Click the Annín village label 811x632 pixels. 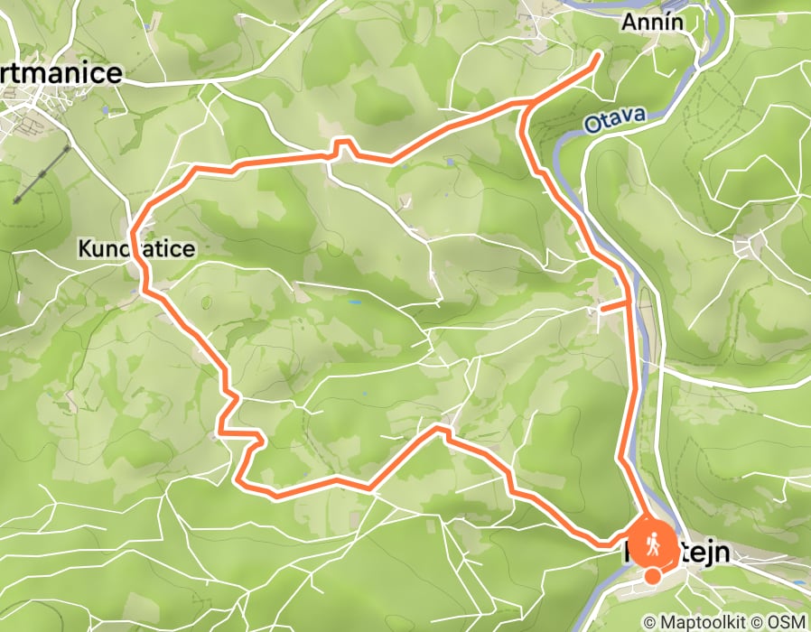(657, 22)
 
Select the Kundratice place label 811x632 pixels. (135, 248)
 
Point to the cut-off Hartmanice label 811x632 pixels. (61, 74)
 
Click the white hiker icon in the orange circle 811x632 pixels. (652, 544)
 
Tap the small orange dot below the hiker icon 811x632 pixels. (652, 576)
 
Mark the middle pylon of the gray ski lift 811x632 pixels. (42, 172)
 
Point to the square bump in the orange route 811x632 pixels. (343, 147)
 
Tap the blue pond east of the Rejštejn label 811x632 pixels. (797, 582)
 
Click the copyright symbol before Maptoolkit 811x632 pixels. (649, 623)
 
